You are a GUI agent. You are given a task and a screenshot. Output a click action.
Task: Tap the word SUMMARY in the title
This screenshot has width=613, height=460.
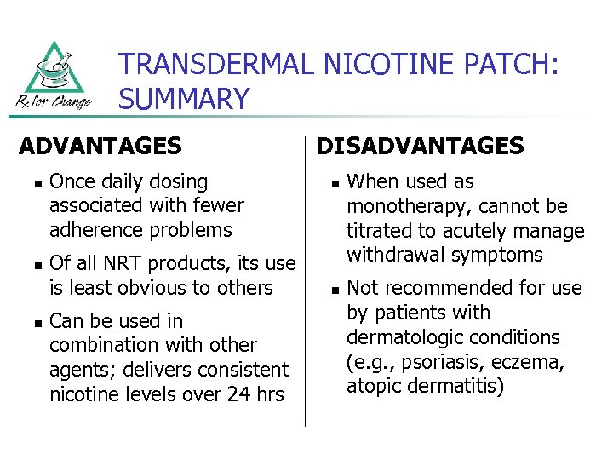pyautogui.click(x=184, y=100)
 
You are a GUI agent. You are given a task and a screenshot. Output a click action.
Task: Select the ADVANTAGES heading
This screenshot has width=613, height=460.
pyautogui.click(x=100, y=147)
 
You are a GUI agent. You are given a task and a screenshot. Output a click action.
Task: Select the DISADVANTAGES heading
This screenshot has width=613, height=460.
pyautogui.click(x=420, y=147)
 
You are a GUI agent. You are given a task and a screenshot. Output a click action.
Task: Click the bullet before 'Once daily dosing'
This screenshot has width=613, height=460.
pyautogui.click(x=30, y=182)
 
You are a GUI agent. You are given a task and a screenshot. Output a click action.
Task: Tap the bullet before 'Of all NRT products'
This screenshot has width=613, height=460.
pyautogui.click(x=30, y=265)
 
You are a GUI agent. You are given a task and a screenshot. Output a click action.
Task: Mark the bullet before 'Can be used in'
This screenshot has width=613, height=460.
pyautogui.click(x=30, y=322)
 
